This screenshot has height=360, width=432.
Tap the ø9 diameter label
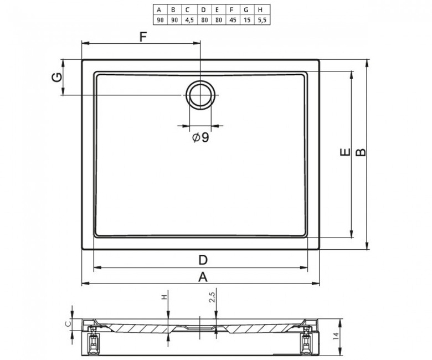click(200, 138)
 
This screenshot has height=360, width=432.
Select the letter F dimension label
click(143, 38)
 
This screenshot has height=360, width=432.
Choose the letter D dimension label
click(203, 259)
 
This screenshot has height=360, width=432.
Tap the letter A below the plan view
click(203, 276)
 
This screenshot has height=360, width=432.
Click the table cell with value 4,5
click(189, 19)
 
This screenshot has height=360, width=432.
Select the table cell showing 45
click(231, 19)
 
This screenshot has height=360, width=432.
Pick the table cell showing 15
click(245, 19)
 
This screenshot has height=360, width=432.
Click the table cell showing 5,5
click(260, 19)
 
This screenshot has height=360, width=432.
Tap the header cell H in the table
click(260, 9)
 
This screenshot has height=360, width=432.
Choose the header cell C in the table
click(189, 9)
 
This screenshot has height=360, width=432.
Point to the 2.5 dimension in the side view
click(212, 299)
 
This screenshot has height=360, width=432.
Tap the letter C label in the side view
click(68, 323)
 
